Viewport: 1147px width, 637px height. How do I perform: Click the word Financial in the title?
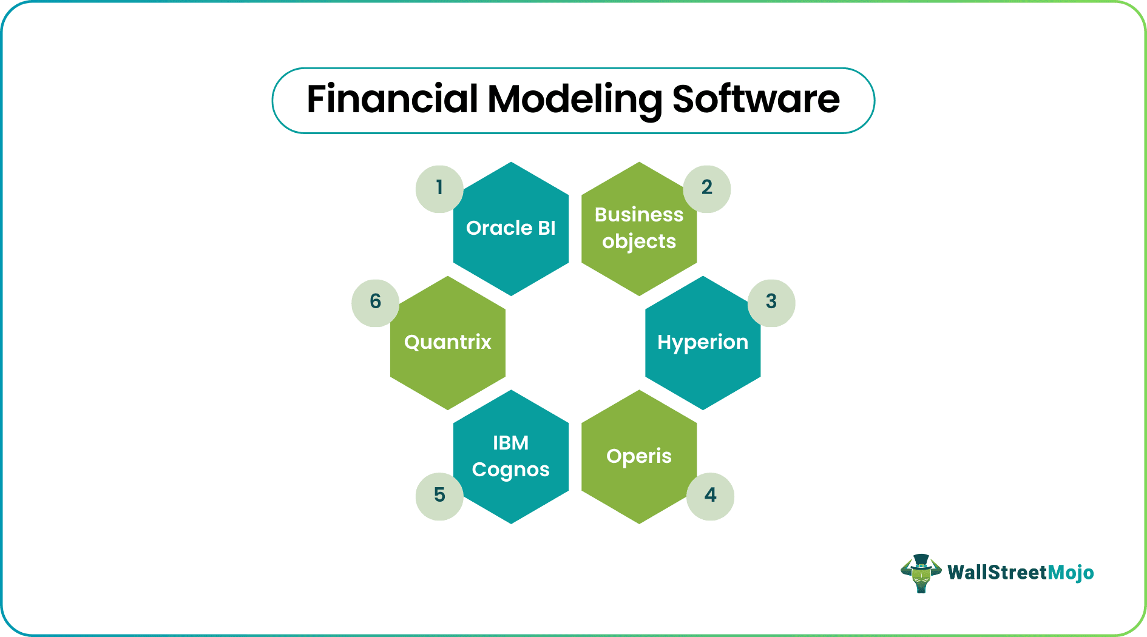click(393, 99)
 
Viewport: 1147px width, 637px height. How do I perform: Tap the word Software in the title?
click(756, 99)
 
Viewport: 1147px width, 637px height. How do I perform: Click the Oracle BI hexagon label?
click(511, 228)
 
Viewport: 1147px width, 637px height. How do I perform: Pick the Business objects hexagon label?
click(639, 228)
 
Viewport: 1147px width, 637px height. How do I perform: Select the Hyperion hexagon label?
click(703, 343)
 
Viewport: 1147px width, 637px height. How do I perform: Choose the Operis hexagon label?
click(639, 457)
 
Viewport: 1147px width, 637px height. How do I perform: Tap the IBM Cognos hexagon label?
click(511, 457)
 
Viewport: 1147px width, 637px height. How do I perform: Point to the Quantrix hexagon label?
click(448, 342)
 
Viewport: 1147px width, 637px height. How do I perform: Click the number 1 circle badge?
click(439, 189)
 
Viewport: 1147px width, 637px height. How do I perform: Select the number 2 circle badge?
click(707, 189)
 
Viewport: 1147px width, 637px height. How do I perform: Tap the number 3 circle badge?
click(771, 303)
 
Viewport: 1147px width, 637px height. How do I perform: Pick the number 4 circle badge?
click(710, 496)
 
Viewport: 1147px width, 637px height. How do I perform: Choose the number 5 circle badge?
click(439, 496)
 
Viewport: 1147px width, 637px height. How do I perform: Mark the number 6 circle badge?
click(376, 303)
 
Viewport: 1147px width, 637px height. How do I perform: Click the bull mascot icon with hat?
click(921, 573)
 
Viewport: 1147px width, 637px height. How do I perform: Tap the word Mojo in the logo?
click(1071, 573)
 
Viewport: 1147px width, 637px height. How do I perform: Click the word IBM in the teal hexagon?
click(511, 443)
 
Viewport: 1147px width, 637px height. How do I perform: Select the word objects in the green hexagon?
click(639, 242)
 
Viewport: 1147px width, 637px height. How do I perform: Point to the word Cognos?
click(511, 470)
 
